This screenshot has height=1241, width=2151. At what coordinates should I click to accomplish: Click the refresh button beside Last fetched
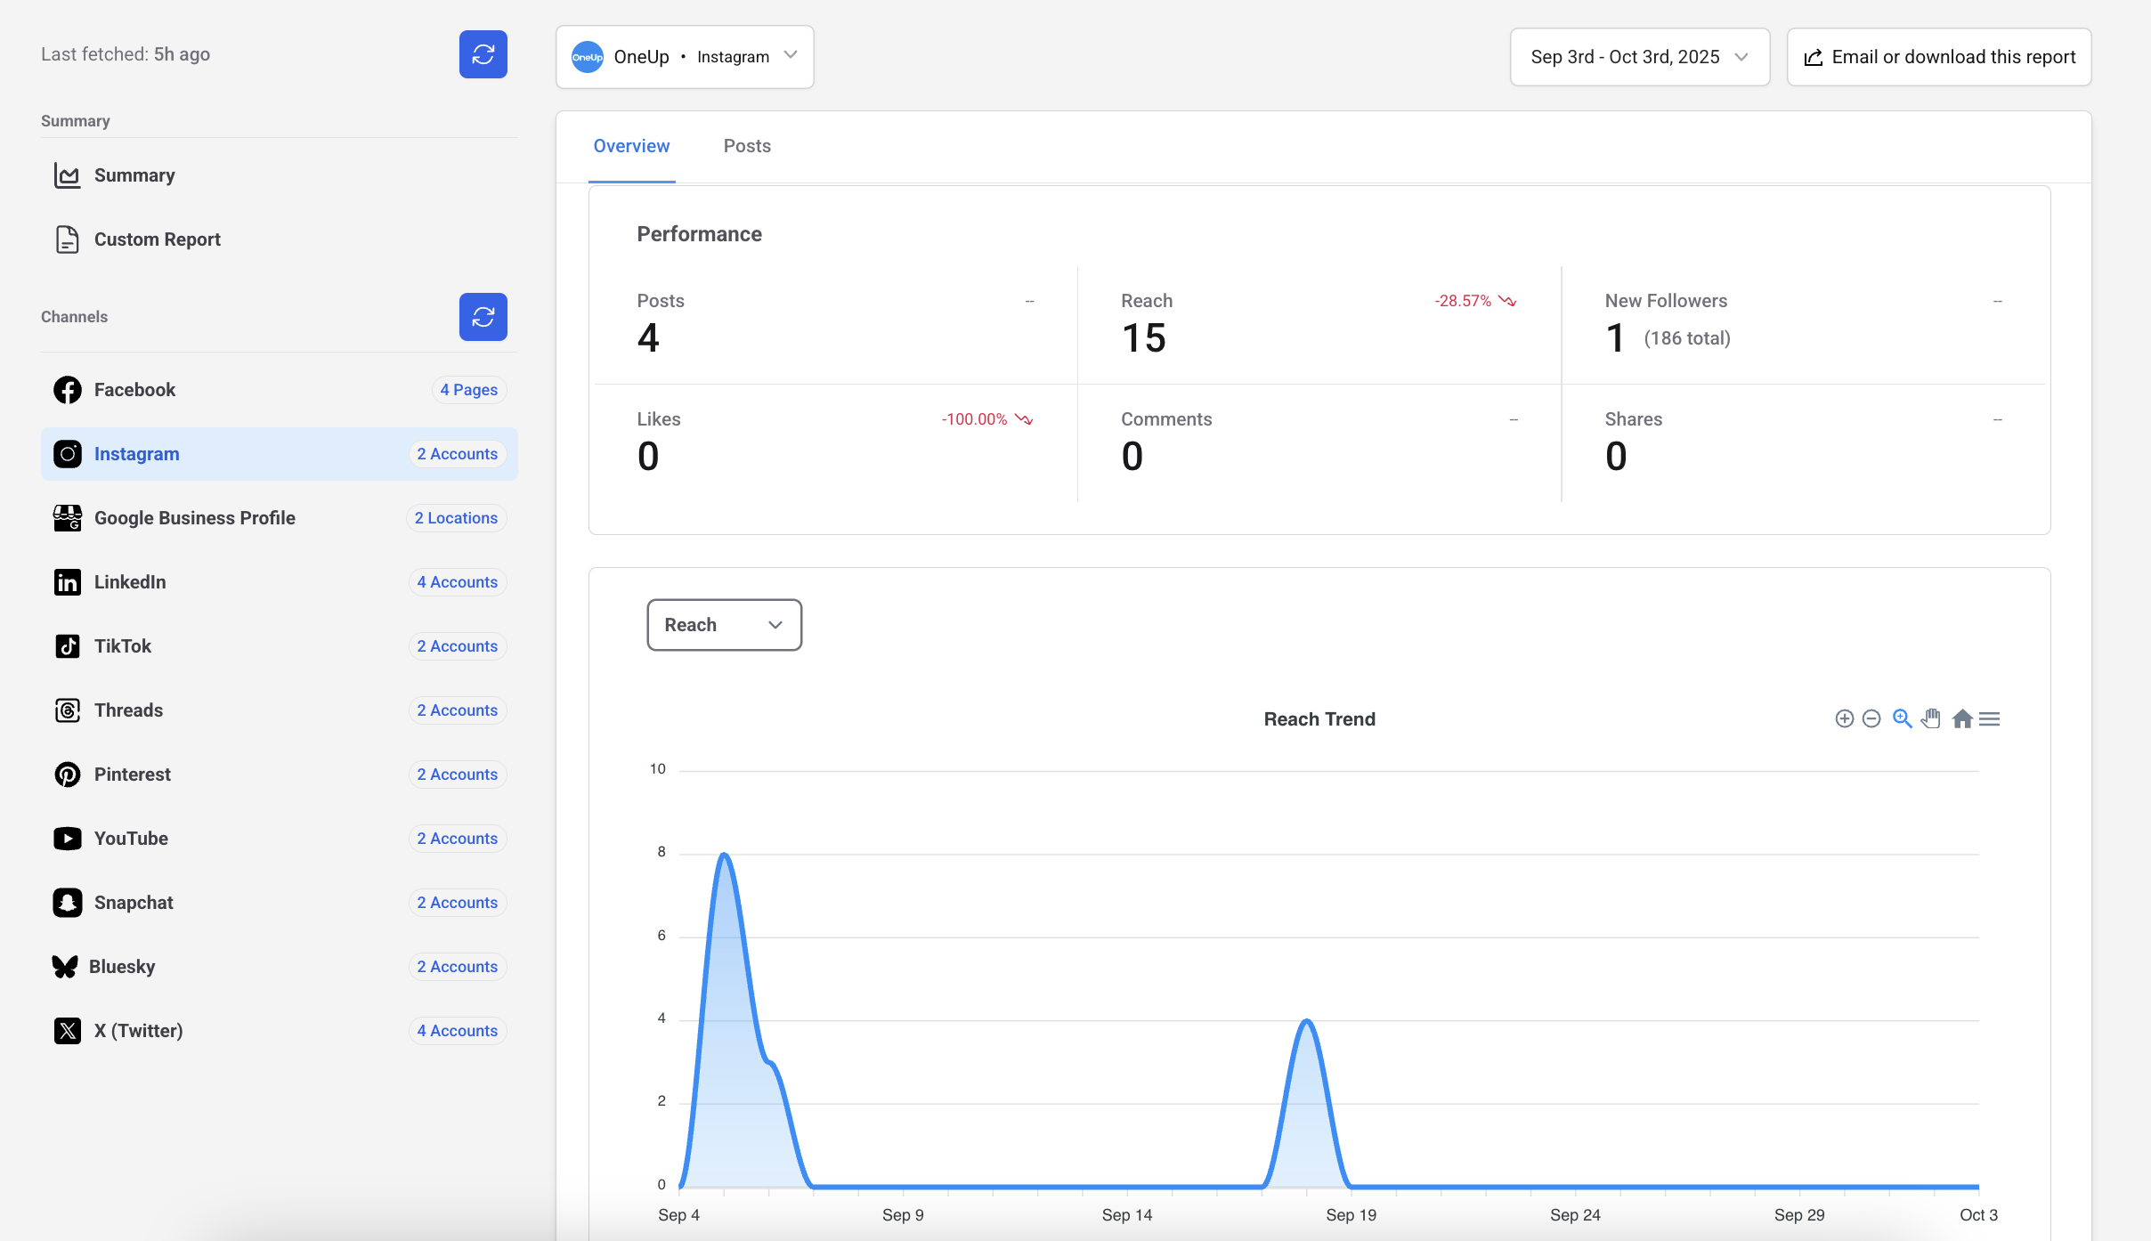pos(483,54)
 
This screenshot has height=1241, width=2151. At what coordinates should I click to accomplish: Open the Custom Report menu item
pos(157,239)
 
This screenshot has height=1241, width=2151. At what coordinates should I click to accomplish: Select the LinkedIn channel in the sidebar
pos(130,582)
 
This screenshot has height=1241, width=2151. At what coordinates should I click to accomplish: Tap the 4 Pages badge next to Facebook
pos(468,390)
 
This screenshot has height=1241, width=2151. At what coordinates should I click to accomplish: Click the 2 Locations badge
pos(456,518)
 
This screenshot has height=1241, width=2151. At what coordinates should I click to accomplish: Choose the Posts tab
pos(747,146)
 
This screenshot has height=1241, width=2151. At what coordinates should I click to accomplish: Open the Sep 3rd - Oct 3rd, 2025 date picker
pos(1639,57)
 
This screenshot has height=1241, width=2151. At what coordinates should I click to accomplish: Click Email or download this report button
pos(1939,57)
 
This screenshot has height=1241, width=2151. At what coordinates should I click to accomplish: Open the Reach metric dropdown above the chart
pos(724,625)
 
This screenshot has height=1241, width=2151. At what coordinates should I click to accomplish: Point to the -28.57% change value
pos(1463,301)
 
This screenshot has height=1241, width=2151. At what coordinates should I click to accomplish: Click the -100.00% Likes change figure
pos(975,419)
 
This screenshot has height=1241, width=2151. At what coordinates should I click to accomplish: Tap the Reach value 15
pos(1143,338)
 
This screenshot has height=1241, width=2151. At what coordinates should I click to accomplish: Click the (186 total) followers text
pos(1687,338)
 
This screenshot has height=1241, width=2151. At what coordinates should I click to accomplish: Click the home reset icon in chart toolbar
pos(1961,718)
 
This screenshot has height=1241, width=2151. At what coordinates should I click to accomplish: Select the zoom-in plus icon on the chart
pos(1844,718)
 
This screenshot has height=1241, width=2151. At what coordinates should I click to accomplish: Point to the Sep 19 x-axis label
pos(1351,1215)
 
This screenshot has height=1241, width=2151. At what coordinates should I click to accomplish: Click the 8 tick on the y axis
pos(662,852)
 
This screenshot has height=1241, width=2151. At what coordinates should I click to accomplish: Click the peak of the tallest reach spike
pos(725,855)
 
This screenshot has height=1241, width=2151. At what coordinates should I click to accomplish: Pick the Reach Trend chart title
pos(1319,719)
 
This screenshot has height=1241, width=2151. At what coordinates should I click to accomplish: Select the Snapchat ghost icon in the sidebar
pos(68,903)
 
